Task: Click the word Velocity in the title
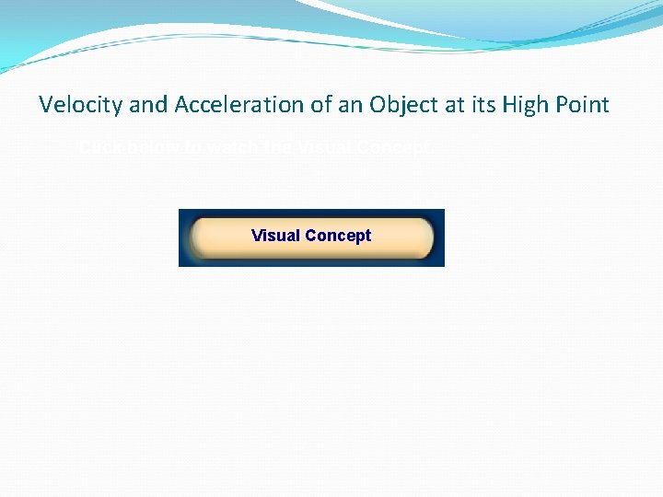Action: pos(81,105)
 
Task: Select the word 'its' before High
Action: pos(485,105)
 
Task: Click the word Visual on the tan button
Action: pos(275,236)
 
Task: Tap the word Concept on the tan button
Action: pos(338,236)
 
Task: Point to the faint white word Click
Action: pos(98,147)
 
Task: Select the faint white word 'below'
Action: pos(151,147)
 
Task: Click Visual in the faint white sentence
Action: pos(324,147)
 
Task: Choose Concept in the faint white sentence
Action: pos(394,147)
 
